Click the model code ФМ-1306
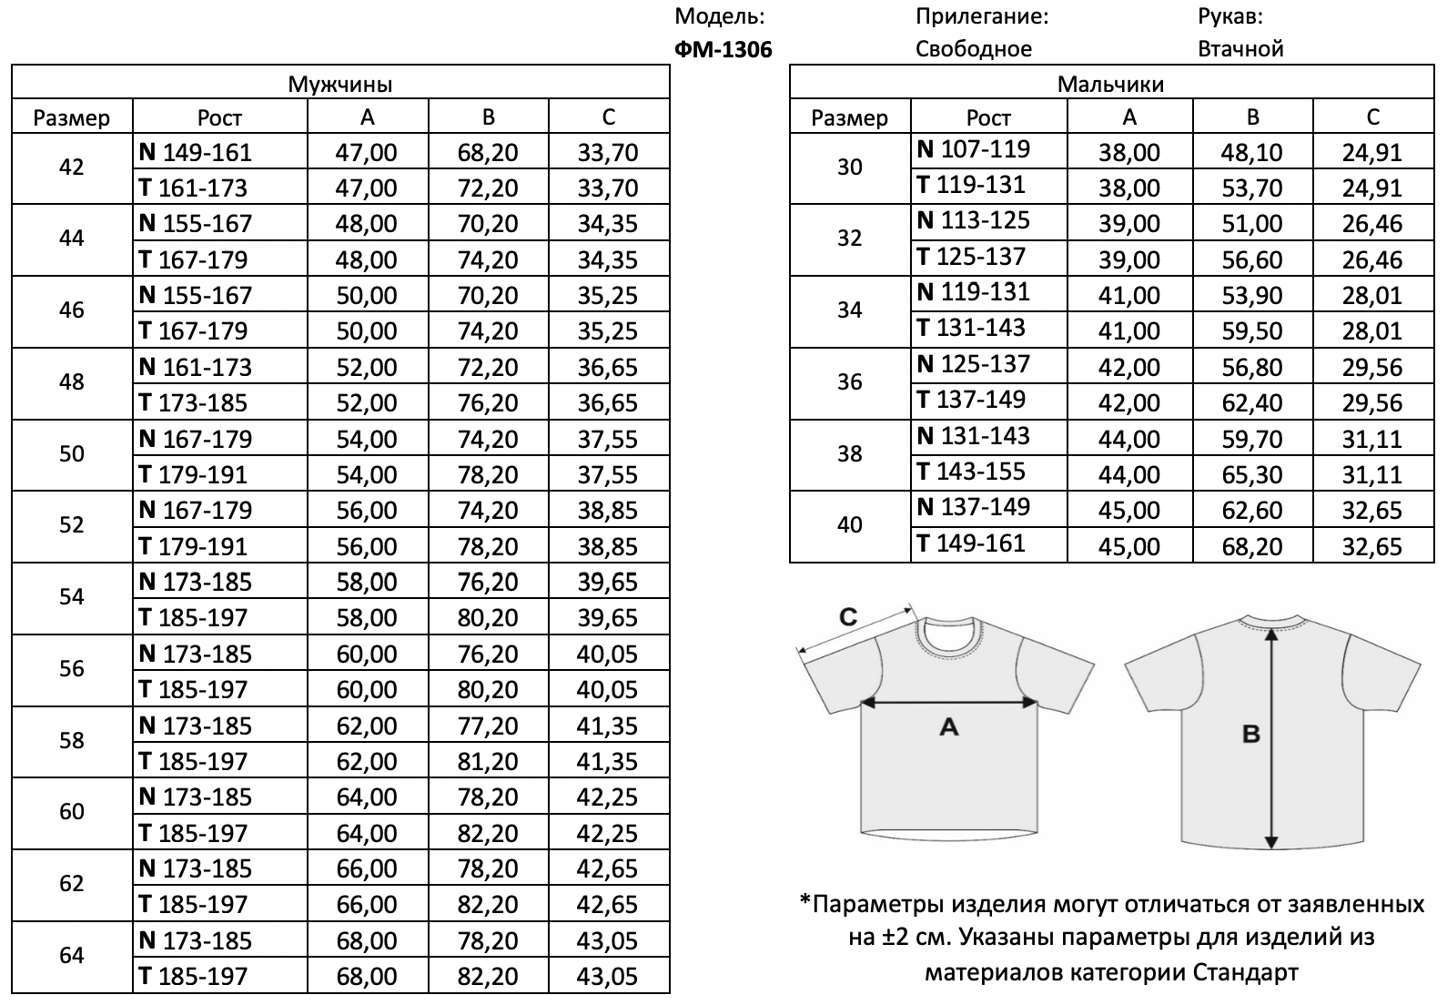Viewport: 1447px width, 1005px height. coord(723,49)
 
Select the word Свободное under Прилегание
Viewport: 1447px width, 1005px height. coord(973,49)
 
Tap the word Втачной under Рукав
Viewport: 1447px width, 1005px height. coord(1240,49)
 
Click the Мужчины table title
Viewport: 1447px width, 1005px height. coord(340,85)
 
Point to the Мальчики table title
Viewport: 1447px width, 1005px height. coord(1110,85)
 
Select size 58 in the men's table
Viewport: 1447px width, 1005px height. coord(72,741)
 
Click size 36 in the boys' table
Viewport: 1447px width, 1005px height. coord(849,382)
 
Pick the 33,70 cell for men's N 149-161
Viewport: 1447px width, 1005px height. coord(608,152)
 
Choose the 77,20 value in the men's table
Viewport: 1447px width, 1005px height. coord(488,726)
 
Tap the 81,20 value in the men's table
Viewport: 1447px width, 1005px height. coord(488,761)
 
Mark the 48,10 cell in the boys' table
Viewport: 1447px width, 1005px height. coord(1251,152)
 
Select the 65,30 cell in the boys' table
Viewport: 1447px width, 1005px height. coord(1251,474)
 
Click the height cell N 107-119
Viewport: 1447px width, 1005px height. coord(973,149)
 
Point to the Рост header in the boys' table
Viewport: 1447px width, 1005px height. coord(988,117)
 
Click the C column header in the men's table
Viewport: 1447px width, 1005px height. coord(608,117)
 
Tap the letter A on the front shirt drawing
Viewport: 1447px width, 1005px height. coord(948,726)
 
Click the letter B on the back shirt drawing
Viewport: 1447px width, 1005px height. coord(1251,733)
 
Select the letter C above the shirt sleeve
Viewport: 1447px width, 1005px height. coord(847,618)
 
